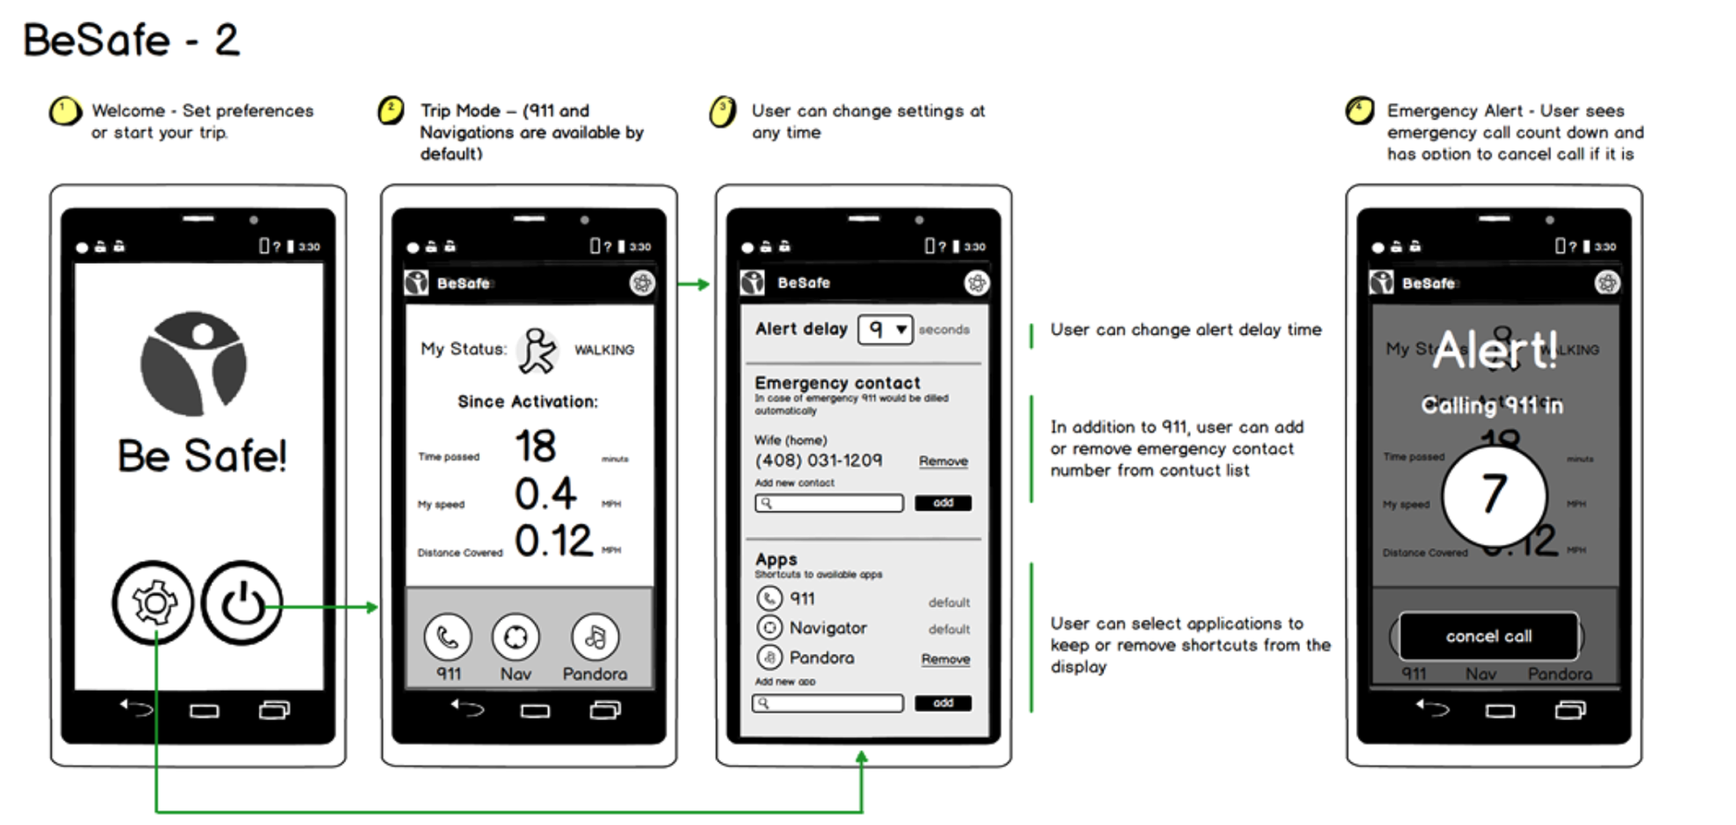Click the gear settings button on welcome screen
[153, 602]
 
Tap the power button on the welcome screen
[242, 602]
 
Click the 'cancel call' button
[1489, 636]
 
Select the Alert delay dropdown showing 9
[885, 329]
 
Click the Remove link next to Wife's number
[943, 461]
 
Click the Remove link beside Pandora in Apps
[945, 659]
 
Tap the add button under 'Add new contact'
[943, 503]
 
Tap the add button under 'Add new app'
[943, 703]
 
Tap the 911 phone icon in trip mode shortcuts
[448, 638]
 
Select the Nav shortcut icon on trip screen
[516, 638]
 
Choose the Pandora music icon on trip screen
[595, 638]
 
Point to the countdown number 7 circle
[1494, 495]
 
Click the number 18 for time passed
[535, 446]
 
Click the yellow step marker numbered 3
[723, 112]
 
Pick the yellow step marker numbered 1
[65, 112]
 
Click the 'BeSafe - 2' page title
[131, 40]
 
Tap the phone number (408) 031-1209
[818, 460]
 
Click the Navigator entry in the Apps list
[827, 628]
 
